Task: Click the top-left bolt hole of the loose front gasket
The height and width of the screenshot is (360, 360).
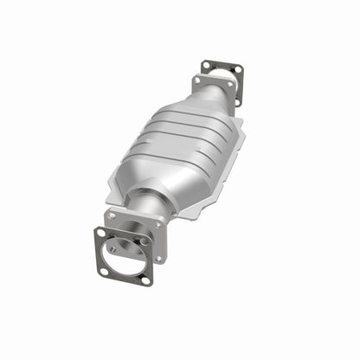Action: (x=102, y=233)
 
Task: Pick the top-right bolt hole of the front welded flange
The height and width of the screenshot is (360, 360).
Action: (x=158, y=224)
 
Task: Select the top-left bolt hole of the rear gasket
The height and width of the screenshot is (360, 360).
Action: (x=206, y=65)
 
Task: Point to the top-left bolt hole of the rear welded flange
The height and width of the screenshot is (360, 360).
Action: (x=198, y=80)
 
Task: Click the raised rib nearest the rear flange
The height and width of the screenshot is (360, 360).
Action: (x=195, y=122)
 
